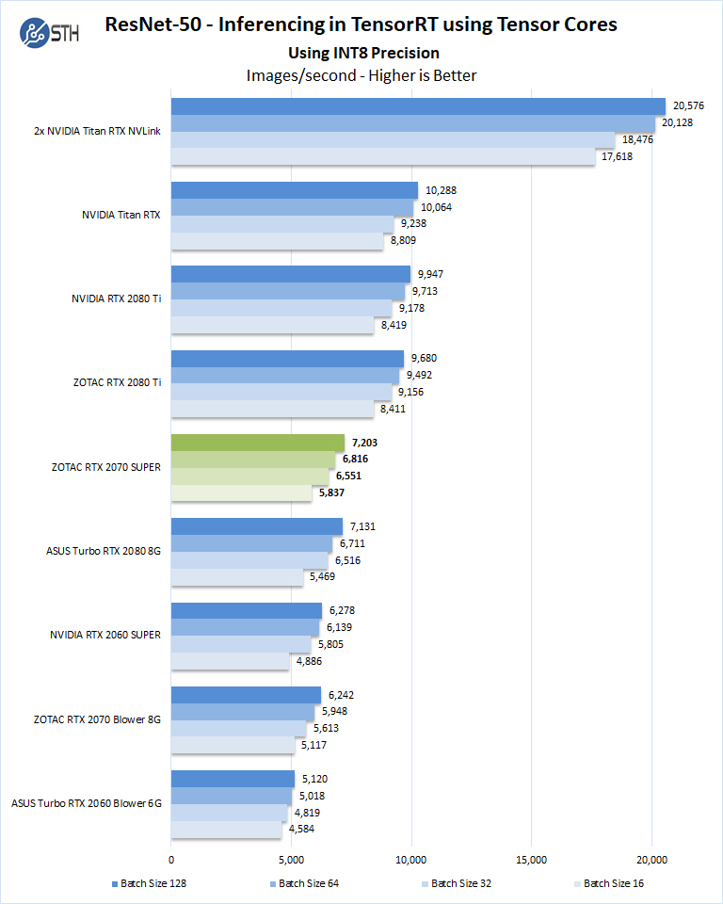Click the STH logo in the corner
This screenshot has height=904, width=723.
pyautogui.click(x=46, y=32)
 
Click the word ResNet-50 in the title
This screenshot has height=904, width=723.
pyautogui.click(x=153, y=24)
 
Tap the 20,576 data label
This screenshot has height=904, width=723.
pyautogui.click(x=686, y=105)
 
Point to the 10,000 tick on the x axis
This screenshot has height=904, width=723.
pyautogui.click(x=411, y=861)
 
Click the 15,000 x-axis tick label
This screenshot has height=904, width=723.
pyautogui.click(x=531, y=861)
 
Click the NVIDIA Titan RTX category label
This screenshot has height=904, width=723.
pyautogui.click(x=121, y=215)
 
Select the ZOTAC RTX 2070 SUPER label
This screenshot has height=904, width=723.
pyautogui.click(x=104, y=466)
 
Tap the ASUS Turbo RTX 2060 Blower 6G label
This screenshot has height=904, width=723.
pyautogui.click(x=87, y=803)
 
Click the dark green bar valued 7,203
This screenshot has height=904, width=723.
pyautogui.click(x=257, y=442)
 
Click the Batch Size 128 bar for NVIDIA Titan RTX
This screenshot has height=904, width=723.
pyautogui.click(x=294, y=190)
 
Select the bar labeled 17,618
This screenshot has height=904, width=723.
pyautogui.click(x=382, y=156)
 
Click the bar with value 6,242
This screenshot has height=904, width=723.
pyautogui.click(x=246, y=694)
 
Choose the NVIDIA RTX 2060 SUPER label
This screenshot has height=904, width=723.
pyautogui.click(x=105, y=635)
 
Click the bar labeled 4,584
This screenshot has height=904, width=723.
pyautogui.click(x=226, y=829)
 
